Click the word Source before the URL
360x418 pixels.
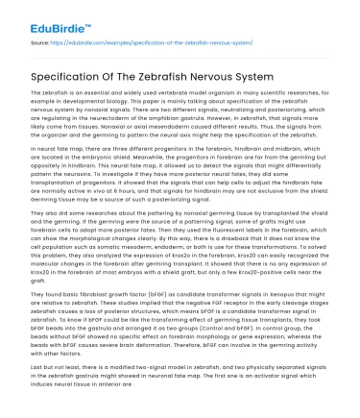(x=41, y=43)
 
